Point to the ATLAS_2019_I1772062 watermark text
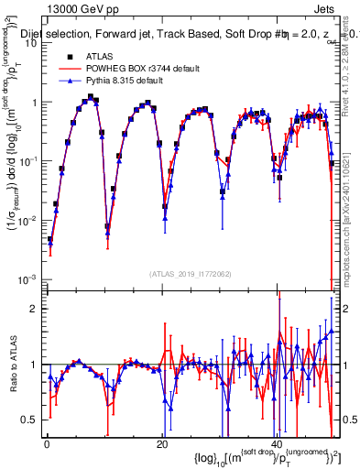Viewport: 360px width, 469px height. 190,273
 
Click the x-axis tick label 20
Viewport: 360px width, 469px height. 161,444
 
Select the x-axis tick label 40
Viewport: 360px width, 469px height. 276,444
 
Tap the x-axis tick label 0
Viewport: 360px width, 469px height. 47,444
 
